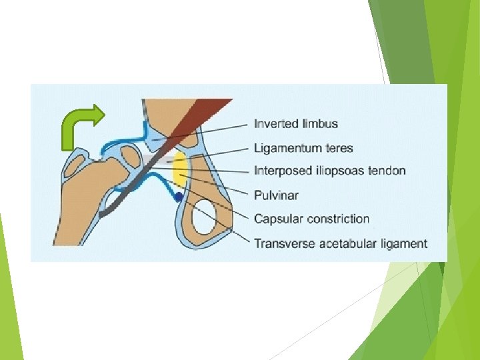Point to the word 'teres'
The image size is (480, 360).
339,148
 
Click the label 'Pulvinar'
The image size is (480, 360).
276,195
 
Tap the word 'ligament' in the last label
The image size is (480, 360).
403,244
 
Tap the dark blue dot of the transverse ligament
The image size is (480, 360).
178,197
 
